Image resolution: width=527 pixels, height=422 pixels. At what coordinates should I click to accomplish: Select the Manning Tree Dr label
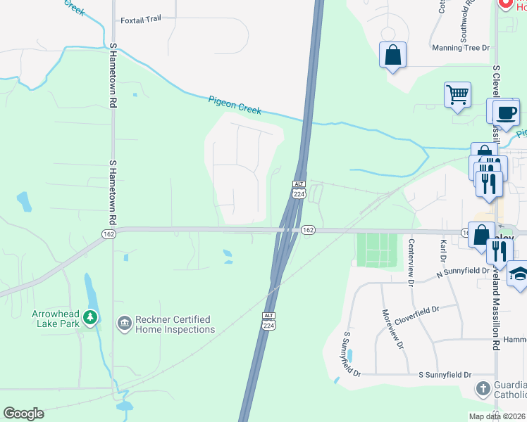461,48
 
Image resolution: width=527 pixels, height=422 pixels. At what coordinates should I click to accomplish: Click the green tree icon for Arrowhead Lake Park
89,318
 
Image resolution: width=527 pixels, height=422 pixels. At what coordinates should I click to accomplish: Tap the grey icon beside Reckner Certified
124,324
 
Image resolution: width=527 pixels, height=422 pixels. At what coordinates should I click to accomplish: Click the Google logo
23,414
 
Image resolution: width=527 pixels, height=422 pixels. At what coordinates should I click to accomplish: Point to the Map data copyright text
497,416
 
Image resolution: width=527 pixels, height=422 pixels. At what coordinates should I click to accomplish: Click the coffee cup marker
506,112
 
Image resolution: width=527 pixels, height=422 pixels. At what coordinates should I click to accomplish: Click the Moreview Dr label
393,329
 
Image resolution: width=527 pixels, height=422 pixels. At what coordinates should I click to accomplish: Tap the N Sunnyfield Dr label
463,271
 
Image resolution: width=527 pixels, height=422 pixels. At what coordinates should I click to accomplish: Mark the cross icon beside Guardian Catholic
483,388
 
